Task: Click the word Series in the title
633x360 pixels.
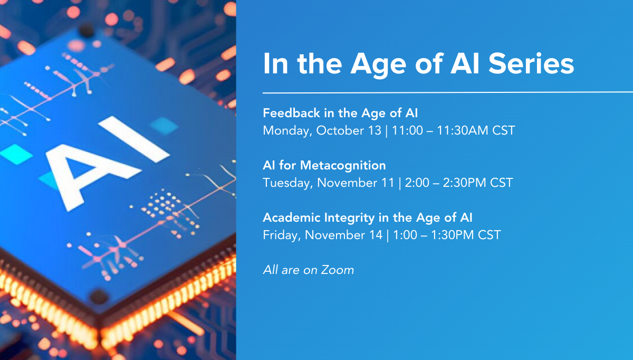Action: click(531, 64)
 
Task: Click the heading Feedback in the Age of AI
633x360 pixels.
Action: click(340, 113)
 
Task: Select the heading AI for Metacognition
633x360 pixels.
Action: click(324, 165)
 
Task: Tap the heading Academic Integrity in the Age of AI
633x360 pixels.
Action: click(367, 218)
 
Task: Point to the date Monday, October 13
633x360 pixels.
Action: click(322, 131)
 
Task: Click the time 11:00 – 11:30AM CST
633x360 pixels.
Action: click(453, 131)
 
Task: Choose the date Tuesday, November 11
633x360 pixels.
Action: click(328, 183)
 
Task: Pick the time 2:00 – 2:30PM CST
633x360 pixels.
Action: click(459, 183)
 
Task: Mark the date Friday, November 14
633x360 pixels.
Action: click(323, 235)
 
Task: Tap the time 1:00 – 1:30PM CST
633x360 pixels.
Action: click(447, 235)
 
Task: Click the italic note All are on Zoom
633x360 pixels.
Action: click(308, 270)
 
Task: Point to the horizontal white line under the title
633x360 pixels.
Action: click(448, 92)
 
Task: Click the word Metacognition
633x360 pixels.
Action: click(343, 165)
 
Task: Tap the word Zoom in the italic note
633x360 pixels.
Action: click(338, 270)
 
